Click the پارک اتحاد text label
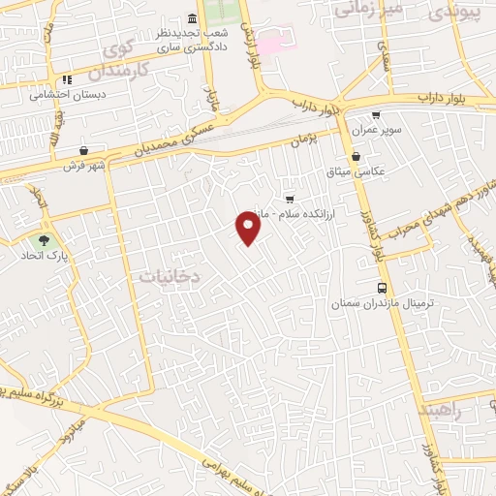43,258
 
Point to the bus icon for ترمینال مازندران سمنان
383,288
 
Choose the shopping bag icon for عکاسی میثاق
356,156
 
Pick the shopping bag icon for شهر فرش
85,150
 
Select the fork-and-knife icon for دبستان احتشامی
67,80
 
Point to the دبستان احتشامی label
67,95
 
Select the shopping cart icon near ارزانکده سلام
289,199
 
